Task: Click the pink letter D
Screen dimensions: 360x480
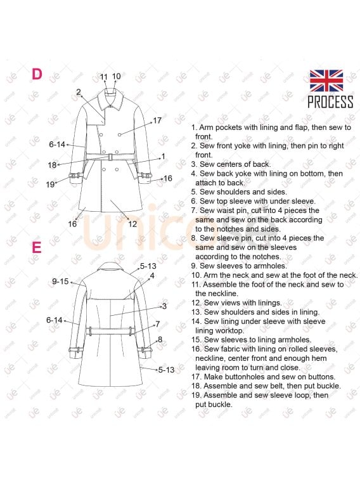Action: click(x=37, y=74)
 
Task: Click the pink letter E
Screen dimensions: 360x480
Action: click(x=37, y=247)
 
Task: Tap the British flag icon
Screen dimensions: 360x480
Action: click(x=326, y=81)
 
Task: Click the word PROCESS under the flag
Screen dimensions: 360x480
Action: click(x=330, y=102)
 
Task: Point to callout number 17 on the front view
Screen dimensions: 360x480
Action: click(x=157, y=120)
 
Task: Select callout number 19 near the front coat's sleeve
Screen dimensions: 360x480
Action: click(x=50, y=185)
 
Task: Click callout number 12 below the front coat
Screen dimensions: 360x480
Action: click(x=132, y=224)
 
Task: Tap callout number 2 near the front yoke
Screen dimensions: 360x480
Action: click(x=79, y=91)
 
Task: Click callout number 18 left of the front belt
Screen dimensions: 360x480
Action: click(x=52, y=165)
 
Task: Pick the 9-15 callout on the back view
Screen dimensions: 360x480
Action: click(x=60, y=282)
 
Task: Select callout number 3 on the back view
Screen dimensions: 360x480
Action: click(x=164, y=306)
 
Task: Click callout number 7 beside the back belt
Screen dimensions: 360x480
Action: click(x=158, y=324)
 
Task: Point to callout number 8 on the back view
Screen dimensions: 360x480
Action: click(x=160, y=339)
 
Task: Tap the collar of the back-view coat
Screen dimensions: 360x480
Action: click(x=110, y=267)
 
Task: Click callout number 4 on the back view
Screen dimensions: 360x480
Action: click(x=152, y=276)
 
